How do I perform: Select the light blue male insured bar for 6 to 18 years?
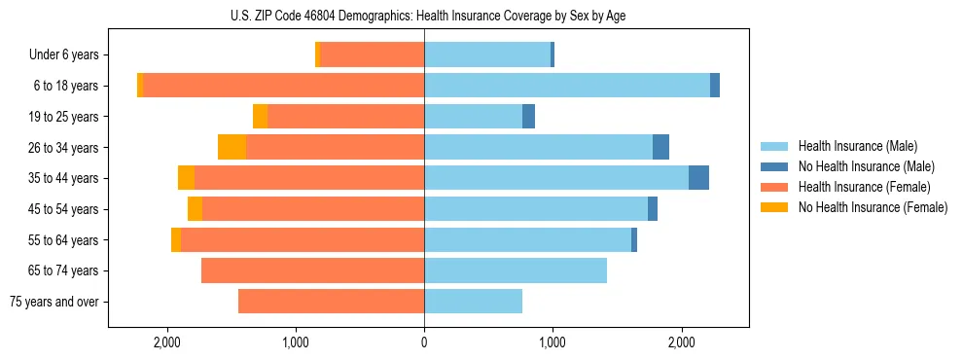566,86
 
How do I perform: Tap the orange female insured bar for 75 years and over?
331,302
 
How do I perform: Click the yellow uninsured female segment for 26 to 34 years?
232,147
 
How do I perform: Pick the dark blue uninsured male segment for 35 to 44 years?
698,178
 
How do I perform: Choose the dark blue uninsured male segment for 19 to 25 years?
528,117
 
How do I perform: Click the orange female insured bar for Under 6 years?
372,55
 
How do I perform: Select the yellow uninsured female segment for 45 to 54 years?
195,209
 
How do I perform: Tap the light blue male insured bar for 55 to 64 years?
527,240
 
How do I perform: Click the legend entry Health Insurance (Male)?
857,146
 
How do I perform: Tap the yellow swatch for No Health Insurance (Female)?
775,207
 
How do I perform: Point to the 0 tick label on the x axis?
424,342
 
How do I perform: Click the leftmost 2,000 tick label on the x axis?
166,342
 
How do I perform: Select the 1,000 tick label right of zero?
553,342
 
